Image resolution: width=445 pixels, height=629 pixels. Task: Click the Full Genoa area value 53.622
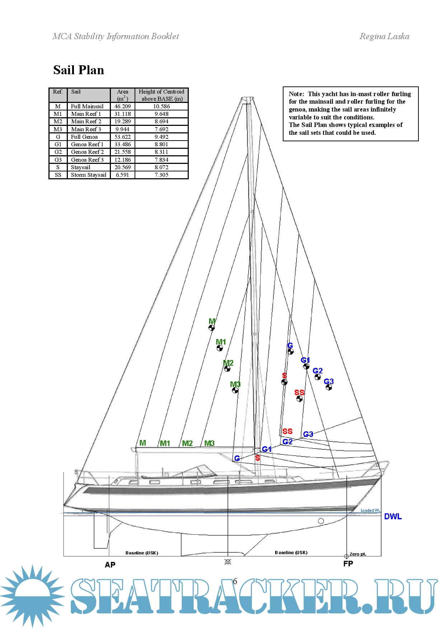coord(122,137)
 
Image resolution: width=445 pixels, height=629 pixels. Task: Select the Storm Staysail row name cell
coord(89,175)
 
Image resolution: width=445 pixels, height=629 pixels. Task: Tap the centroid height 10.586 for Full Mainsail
coord(161,107)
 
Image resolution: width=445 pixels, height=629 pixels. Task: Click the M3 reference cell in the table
coord(58,129)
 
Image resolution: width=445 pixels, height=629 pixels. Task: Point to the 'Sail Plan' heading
coord(79,70)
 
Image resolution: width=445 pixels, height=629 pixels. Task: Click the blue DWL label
coord(393,516)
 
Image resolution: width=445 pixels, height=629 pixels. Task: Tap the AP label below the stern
coord(110,565)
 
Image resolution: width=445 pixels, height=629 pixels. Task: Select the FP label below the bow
coord(348,564)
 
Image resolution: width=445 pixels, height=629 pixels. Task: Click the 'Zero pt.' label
coord(358,554)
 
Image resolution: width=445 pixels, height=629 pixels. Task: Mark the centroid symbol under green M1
coord(220,348)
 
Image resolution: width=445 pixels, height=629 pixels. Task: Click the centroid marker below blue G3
coord(329,387)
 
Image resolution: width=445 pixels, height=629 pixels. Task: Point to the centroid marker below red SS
coord(299,398)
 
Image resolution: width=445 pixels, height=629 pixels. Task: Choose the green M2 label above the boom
coord(187,443)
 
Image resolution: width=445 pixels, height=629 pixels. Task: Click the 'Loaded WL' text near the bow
coord(370,510)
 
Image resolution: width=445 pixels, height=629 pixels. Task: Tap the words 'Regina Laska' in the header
coord(384,36)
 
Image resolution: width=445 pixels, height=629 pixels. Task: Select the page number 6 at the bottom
coord(235,581)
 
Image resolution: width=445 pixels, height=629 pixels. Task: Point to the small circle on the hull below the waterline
coord(321,521)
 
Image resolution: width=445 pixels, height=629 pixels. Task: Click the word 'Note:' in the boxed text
coord(296,94)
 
